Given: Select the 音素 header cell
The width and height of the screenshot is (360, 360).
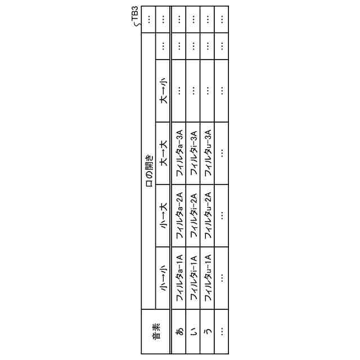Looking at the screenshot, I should tap(156, 332).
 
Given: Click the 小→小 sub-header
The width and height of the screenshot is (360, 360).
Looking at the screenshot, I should tap(163, 278).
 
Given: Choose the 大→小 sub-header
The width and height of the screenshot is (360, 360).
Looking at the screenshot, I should tap(163, 91).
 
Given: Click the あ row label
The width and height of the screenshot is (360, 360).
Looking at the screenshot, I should tap(179, 332).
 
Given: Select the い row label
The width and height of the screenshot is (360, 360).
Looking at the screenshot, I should tap(193, 332).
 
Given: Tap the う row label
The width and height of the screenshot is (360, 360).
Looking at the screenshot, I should tap(208, 332).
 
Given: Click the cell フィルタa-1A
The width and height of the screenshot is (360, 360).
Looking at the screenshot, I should tap(179, 278).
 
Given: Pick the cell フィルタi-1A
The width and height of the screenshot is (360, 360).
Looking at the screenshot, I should tap(193, 278).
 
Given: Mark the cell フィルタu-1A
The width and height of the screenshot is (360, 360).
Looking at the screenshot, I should tap(208, 278).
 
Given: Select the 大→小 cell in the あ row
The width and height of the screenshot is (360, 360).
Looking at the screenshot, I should tap(179, 91).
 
